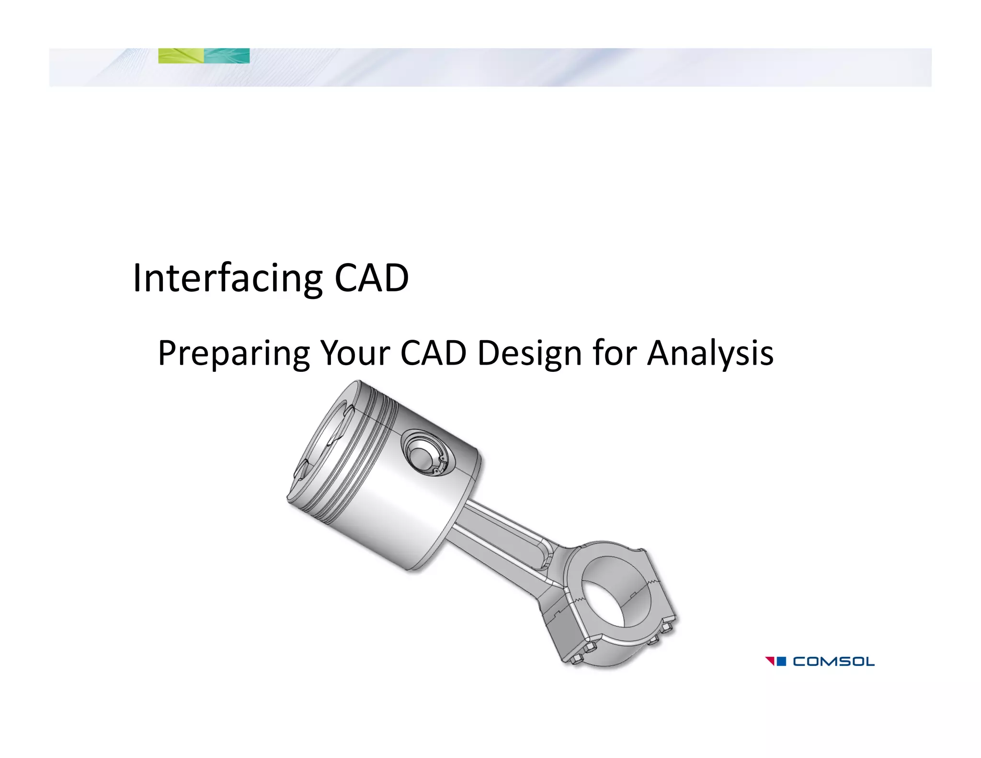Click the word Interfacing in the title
pos(228,278)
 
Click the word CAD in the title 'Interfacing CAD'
pos(371,278)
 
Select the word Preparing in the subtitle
pos(234,354)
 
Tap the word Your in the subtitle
pos(355,354)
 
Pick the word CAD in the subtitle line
pos(433,354)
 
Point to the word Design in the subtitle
pos(530,354)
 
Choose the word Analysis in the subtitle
pos(710,354)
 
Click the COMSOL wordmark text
pos(833,662)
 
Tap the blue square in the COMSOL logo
pos(781,661)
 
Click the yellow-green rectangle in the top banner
pos(181,56)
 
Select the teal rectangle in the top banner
pos(227,56)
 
